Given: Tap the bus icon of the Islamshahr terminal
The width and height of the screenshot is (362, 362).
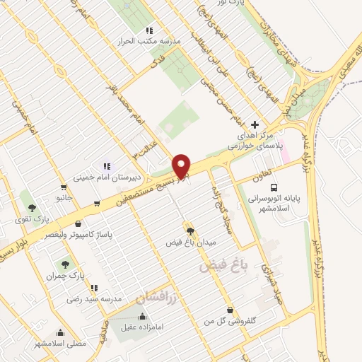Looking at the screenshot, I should pos(274,187).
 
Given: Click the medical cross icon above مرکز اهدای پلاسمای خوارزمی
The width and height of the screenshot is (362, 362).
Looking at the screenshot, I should pos(255,124).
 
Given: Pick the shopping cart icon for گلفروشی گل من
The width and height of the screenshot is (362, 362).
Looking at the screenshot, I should pos(230,310).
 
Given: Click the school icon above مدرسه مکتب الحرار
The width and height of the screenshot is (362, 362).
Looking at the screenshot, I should pos(148,30).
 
